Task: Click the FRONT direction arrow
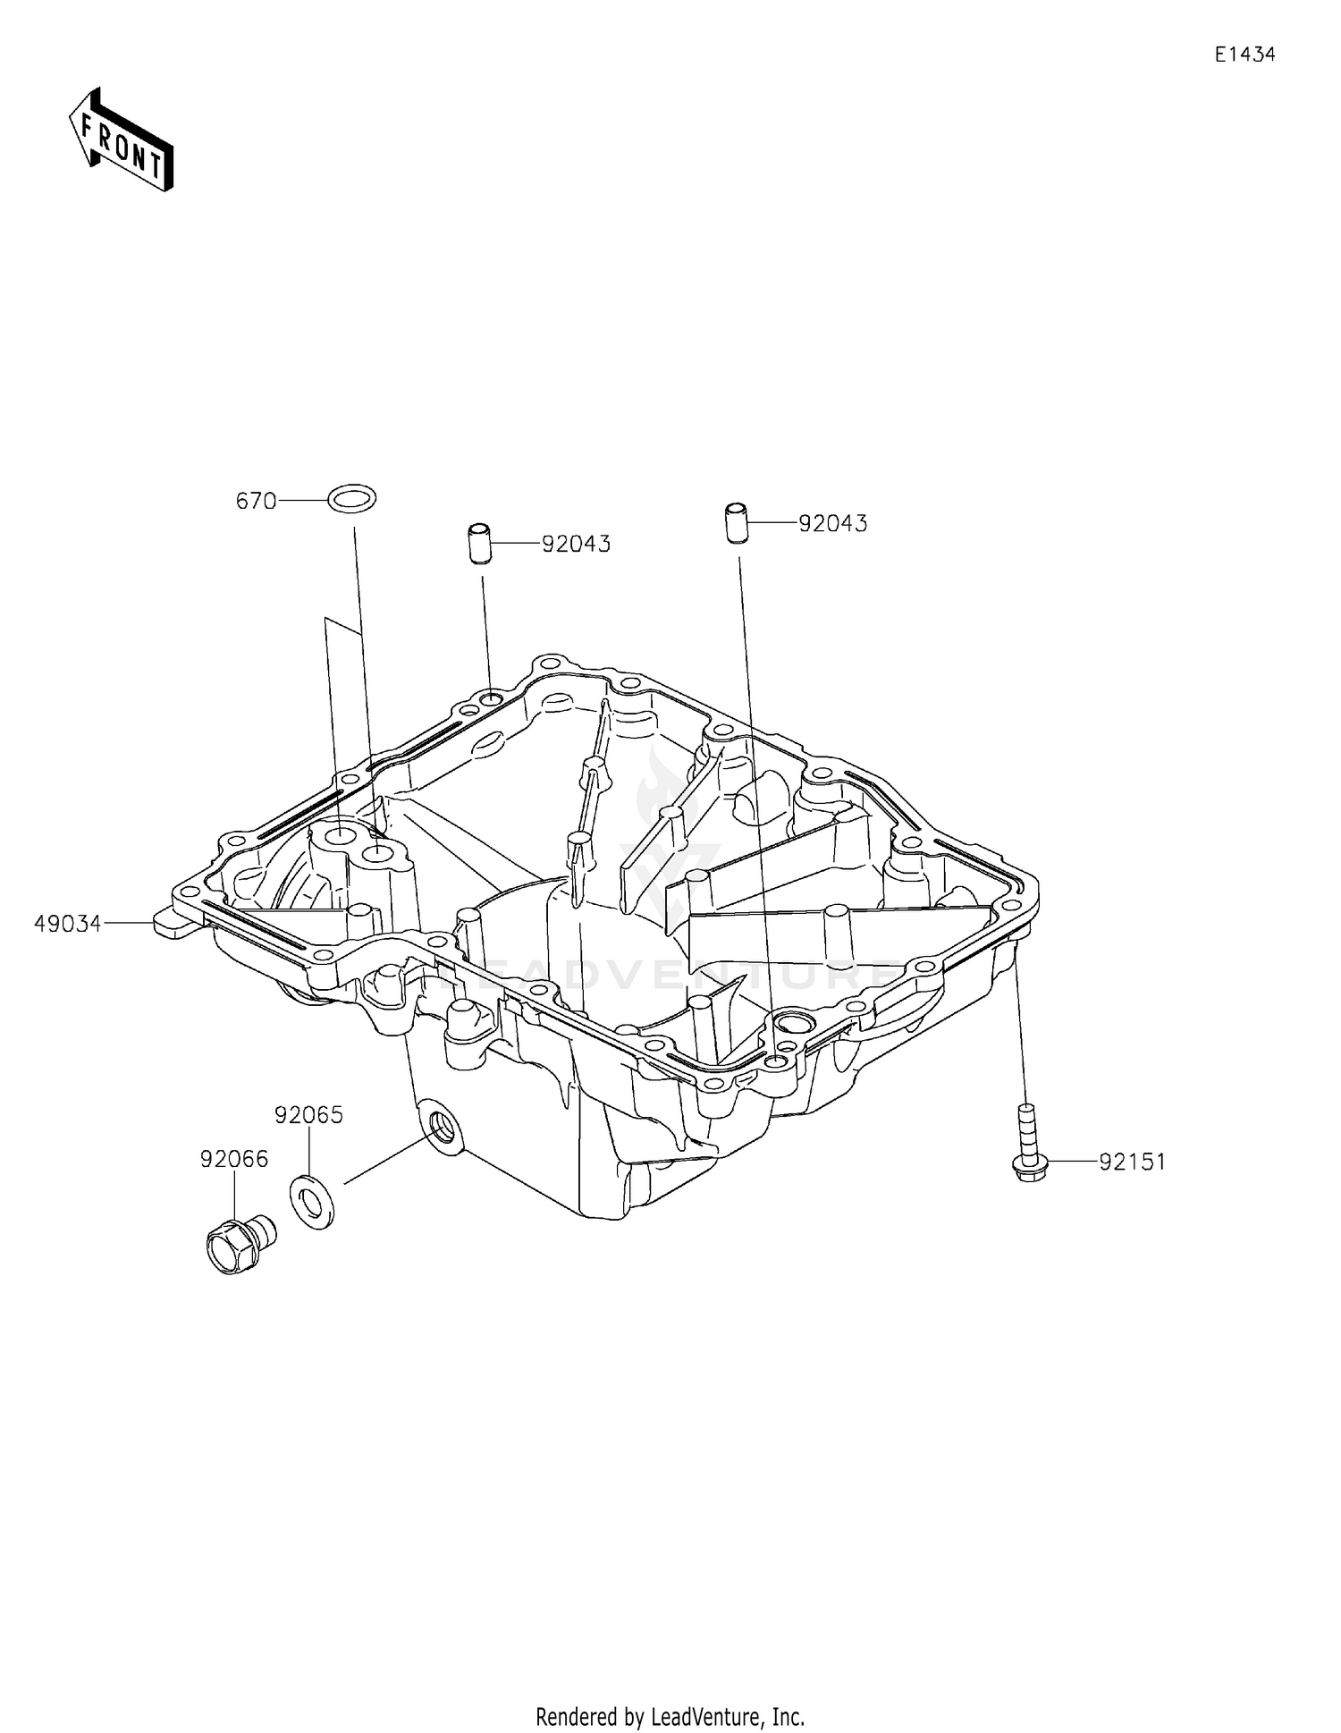121,139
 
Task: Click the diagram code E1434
1244,55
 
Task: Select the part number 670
256,502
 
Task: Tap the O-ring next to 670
351,498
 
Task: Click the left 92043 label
576,545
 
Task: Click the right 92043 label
832,524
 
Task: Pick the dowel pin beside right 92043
735,523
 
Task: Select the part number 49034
68,924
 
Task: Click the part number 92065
308,1115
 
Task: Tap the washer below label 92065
313,1204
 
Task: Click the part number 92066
233,1159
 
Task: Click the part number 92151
1132,1162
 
